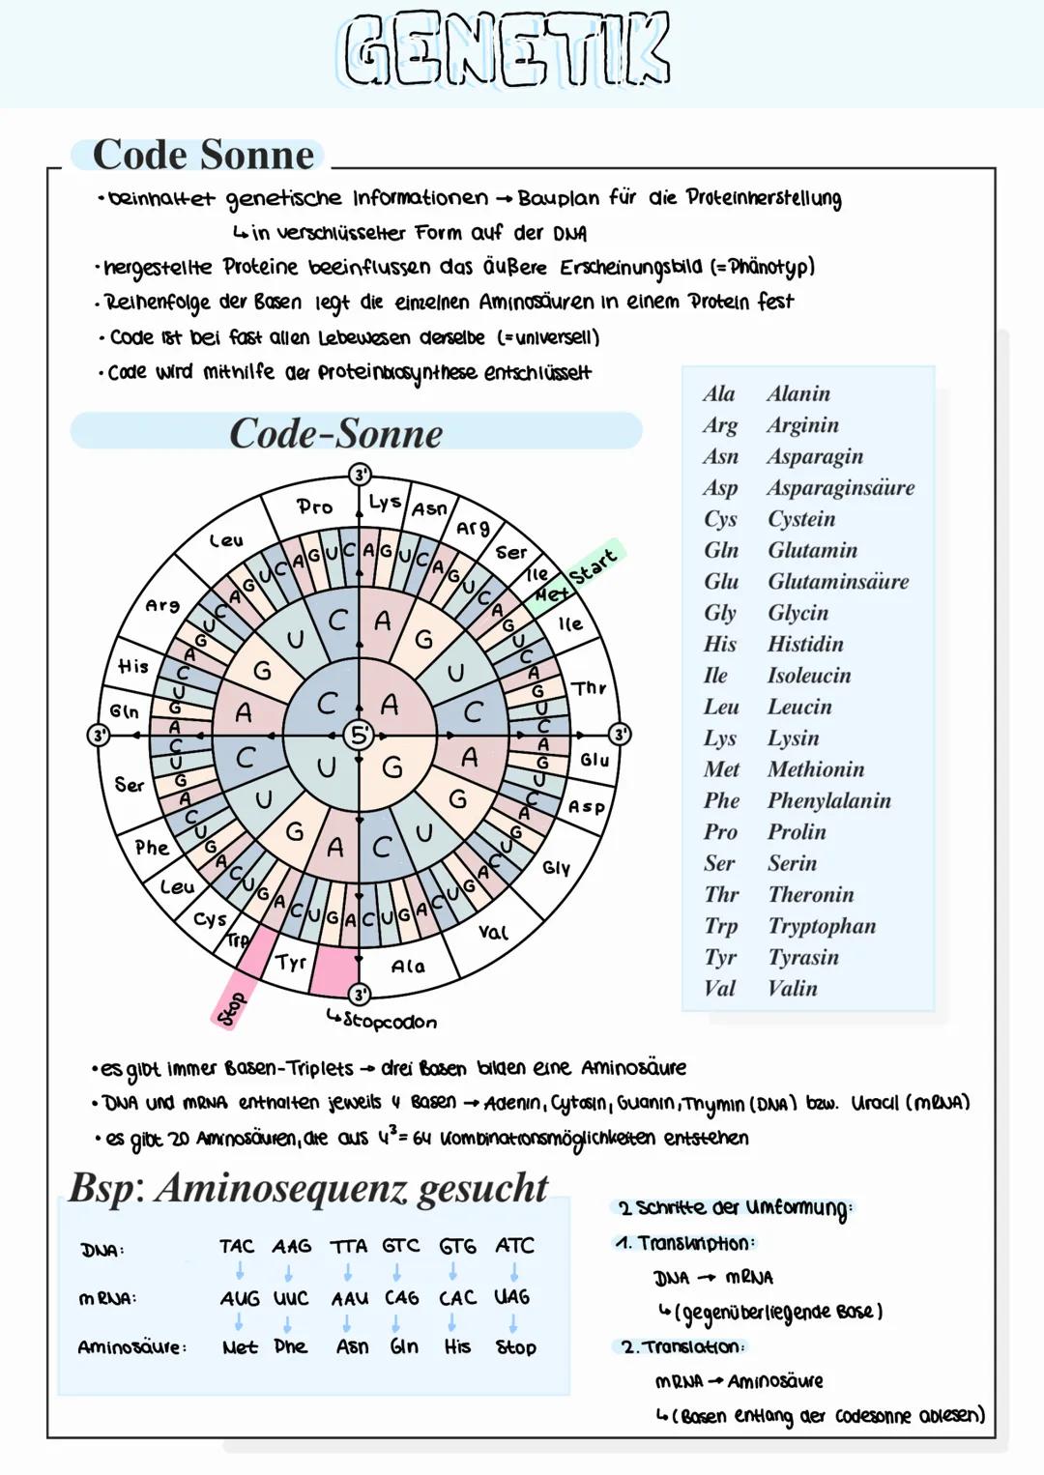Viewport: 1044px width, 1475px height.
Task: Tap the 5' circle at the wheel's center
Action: point(359,735)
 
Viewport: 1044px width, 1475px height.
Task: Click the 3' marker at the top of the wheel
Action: point(360,475)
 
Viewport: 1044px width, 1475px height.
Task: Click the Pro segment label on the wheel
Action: point(314,506)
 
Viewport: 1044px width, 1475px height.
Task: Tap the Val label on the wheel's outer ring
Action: point(493,932)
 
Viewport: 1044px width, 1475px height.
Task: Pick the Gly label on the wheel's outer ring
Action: point(556,868)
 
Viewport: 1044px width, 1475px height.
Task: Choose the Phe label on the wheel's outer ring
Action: point(152,848)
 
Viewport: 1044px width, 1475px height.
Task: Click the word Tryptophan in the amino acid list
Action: point(822,926)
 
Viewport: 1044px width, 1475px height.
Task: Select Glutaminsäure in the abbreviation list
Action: point(838,582)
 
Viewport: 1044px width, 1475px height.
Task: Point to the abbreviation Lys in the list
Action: point(720,738)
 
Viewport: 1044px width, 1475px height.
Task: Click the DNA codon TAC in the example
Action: point(237,1247)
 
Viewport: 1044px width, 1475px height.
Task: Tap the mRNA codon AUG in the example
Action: point(240,1298)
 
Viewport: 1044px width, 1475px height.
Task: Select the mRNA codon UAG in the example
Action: point(512,1297)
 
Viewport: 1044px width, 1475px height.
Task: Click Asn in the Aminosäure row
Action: point(352,1346)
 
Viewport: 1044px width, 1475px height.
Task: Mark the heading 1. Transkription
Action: point(685,1243)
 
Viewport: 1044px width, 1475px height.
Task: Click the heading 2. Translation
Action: point(682,1346)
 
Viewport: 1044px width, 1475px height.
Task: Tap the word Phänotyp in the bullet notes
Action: point(768,267)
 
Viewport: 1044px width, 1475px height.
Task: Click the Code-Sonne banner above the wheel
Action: point(336,434)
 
